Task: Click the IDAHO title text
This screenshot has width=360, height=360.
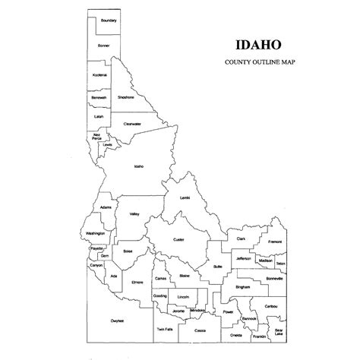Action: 245,44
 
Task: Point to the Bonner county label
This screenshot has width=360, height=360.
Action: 104,47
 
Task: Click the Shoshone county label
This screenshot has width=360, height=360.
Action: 126,97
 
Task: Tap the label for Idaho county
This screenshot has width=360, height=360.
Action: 138,166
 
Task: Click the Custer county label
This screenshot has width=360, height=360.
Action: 179,239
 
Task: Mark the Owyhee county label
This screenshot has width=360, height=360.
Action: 117,320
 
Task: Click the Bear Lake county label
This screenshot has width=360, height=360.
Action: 281,332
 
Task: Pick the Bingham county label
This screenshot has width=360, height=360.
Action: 242,288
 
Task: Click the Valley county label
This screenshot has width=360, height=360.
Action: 134,215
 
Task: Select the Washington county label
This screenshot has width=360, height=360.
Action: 95,233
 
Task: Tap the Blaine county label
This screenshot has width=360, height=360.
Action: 185,276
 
